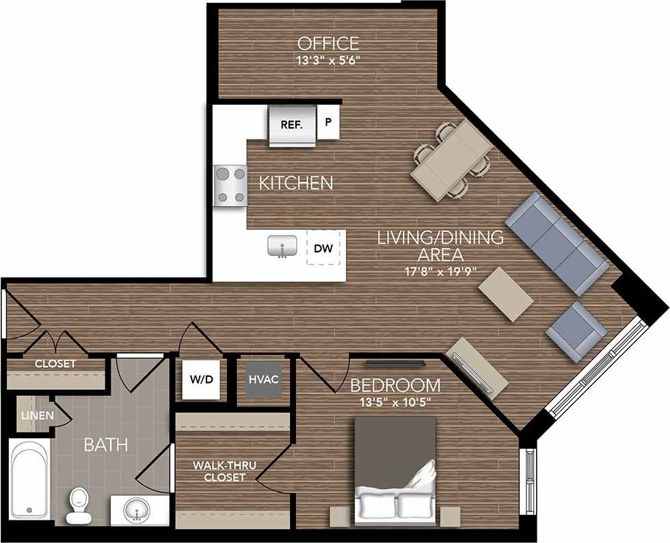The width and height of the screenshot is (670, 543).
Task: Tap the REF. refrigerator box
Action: [x=292, y=125]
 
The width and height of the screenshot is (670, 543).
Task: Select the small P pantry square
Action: [x=328, y=124]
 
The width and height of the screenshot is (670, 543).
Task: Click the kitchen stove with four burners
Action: [x=230, y=185]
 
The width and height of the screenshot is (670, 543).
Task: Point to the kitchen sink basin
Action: [x=281, y=246]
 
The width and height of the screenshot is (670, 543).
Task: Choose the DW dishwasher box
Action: [x=323, y=249]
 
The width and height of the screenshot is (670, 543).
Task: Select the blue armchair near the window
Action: [x=576, y=331]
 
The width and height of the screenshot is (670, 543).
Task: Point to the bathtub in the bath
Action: [x=28, y=479]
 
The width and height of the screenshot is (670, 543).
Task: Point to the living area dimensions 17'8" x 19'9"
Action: [x=441, y=271]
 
